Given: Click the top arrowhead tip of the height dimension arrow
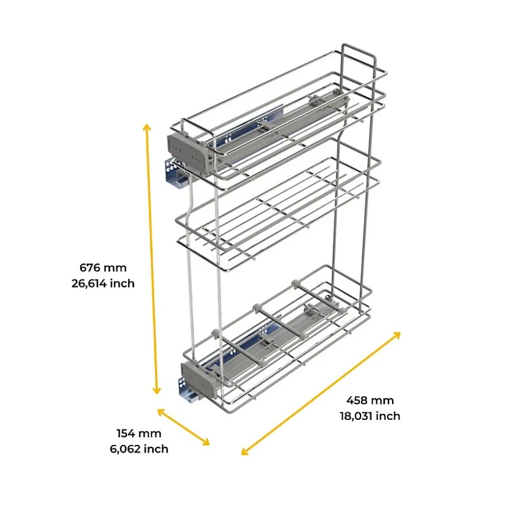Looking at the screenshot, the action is tap(146, 124).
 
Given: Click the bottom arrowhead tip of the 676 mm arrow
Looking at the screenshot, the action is tap(157, 394).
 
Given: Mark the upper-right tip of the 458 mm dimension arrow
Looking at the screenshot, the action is tap(401, 332).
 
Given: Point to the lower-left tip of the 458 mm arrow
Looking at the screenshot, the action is tap(242, 455).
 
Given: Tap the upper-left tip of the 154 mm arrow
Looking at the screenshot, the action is tap(158, 410).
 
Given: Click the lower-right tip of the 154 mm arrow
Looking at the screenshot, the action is tap(209, 445).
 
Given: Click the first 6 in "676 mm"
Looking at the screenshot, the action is tap(83, 268).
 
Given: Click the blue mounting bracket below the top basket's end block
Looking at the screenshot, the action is tap(176, 174).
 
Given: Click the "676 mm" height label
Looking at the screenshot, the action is tap(103, 268).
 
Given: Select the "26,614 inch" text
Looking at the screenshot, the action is tap(103, 283).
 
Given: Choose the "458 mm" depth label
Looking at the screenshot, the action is tap(370, 401).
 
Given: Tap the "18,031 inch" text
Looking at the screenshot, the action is tap(370, 416).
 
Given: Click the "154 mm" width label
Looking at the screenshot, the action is tap(139, 433).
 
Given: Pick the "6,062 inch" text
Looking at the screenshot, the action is tap(139, 449).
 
